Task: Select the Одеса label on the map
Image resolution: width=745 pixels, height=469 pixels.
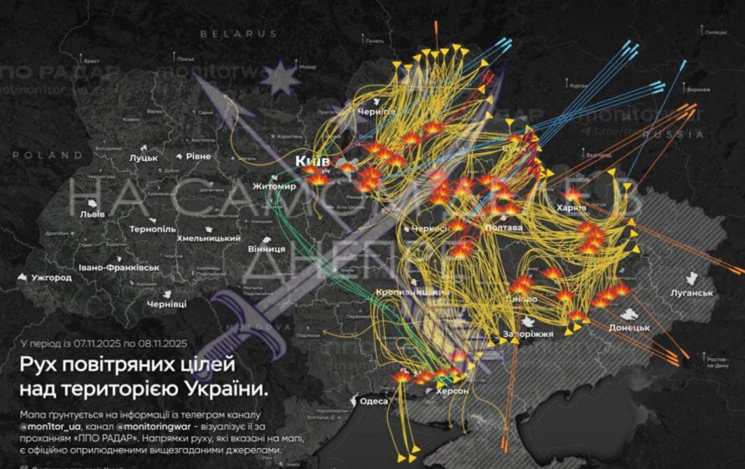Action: point(374,401)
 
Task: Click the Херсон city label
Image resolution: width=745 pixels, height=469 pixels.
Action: point(452,391)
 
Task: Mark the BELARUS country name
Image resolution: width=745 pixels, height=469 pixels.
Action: point(238,34)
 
